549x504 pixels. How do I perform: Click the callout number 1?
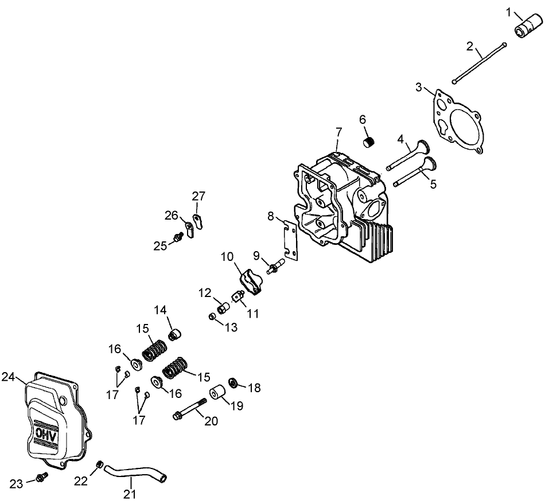508,11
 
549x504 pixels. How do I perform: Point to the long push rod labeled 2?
478,62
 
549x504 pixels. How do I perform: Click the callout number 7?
338,132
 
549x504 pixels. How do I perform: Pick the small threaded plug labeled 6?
369,139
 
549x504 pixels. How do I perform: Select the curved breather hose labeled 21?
135,473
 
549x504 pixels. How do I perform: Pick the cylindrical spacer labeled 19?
219,394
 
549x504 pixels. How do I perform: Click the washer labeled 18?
234,382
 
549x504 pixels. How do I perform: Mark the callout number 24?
7,377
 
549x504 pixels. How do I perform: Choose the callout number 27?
198,196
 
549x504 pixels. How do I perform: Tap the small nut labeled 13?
212,317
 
